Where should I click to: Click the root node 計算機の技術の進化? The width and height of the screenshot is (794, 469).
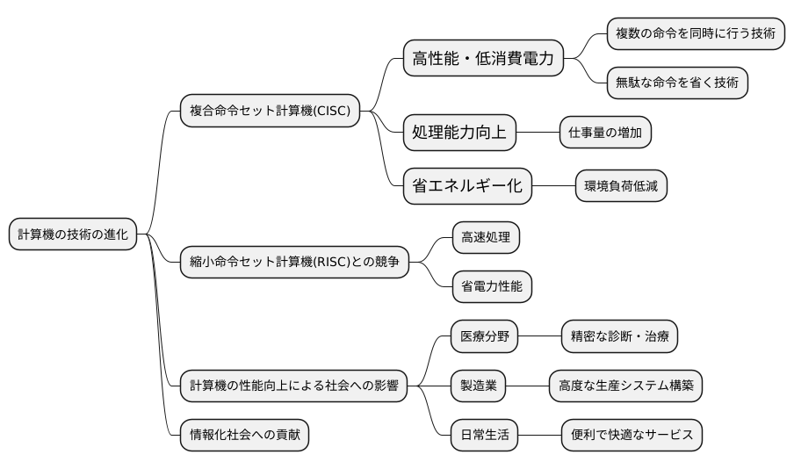coord(73,234)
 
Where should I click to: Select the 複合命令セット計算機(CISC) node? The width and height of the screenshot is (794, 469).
coord(270,111)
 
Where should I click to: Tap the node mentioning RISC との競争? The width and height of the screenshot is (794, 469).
coord(294,261)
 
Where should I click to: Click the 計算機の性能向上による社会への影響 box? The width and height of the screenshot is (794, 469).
coord(293,385)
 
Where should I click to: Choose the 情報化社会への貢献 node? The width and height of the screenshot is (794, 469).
coord(244,435)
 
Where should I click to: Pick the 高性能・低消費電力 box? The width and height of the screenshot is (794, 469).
coord(482,60)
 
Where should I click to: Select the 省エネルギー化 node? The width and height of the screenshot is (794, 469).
coord(466,185)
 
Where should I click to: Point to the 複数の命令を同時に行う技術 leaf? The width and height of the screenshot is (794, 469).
coord(696,33)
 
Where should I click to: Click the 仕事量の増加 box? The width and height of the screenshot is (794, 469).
coord(605,134)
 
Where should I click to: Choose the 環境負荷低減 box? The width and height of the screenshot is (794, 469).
coord(622,185)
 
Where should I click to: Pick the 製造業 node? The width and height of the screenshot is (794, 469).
coord(479,385)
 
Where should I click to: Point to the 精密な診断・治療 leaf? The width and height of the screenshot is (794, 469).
coord(619,336)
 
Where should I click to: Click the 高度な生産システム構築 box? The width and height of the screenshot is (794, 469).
coord(625,385)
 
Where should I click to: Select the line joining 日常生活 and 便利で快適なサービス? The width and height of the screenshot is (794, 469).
coord(540,435)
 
